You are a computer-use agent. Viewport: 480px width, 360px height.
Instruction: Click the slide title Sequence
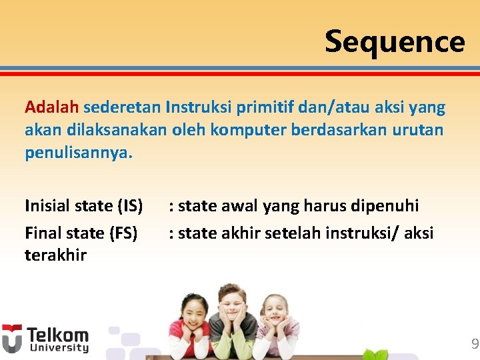(x=395, y=41)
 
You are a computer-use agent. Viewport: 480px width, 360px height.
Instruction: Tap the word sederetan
(x=123, y=107)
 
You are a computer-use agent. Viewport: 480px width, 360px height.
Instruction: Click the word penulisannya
(x=79, y=153)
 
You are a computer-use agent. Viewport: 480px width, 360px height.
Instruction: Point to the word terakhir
(x=55, y=255)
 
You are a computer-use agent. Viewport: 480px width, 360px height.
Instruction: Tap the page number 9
(x=474, y=344)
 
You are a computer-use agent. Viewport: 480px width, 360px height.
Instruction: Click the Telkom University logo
(x=45, y=339)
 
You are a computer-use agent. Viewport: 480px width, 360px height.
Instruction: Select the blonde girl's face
(x=275, y=311)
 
